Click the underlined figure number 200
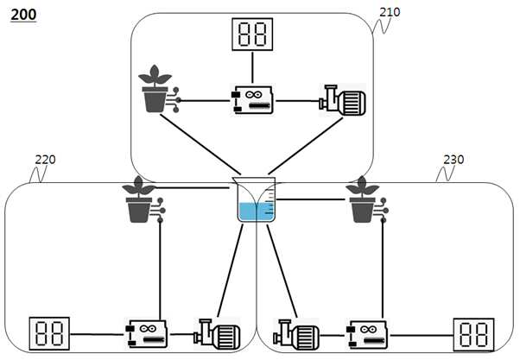pyautogui.click(x=23, y=15)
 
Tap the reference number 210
pyautogui.click(x=390, y=12)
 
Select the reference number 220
pyautogui.click(x=46, y=160)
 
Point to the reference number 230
pyautogui.click(x=453, y=160)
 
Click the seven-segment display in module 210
pyautogui.click(x=252, y=35)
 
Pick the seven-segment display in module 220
pyautogui.click(x=49, y=333)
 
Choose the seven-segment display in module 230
pyautogui.click(x=473, y=334)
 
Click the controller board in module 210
pyautogui.click(x=252, y=100)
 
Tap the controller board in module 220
pyautogui.click(x=146, y=334)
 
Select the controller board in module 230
pyautogui.click(x=367, y=334)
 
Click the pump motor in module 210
pyautogui.click(x=342, y=100)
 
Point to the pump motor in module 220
pyautogui.click(x=217, y=334)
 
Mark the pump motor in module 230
pyautogui.click(x=296, y=335)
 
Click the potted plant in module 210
pyautogui.click(x=155, y=89)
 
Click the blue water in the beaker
pyautogui.click(x=256, y=212)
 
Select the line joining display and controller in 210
pyautogui.click(x=252, y=68)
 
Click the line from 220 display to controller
pyautogui.click(x=98, y=334)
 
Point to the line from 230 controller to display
pyautogui.click(x=422, y=335)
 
